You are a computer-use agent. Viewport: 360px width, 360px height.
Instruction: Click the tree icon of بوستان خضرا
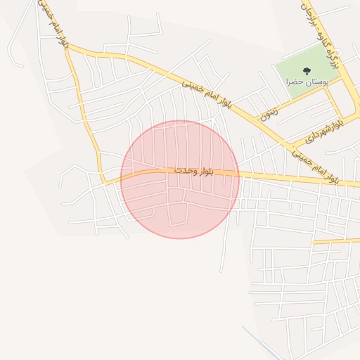[x=307, y=70]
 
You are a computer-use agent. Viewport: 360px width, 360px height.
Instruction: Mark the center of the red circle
[x=180, y=179]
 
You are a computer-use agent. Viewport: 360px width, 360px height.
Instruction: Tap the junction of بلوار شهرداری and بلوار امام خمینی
[x=290, y=146]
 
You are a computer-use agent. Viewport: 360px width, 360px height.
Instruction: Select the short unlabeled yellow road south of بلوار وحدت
[x=336, y=240]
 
